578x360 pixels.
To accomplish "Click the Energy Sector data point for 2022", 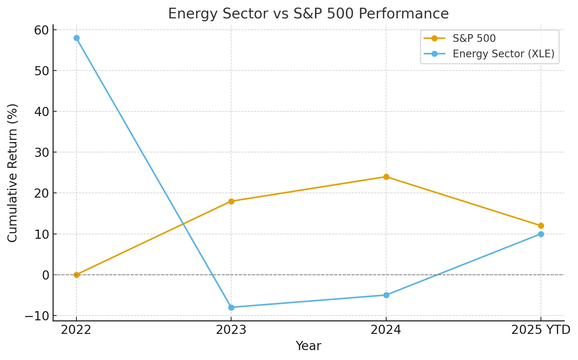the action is coord(76,38).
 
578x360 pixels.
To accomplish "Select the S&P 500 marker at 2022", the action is coord(76,275).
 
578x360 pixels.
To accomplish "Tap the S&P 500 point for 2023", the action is coord(231,201).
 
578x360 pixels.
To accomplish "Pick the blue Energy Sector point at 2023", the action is coord(231,307).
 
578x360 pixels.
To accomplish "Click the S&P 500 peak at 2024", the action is coord(386,177).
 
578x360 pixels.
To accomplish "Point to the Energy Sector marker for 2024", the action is coord(386,295).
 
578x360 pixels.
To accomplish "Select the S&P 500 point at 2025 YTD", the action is coord(541,226).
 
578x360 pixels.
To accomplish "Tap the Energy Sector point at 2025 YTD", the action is coord(541,234).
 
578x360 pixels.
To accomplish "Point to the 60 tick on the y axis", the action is coord(42,30).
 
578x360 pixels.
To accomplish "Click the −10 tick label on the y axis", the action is coord(37,316).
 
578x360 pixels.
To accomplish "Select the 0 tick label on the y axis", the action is coord(46,275).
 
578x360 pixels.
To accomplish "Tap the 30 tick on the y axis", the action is coord(42,152).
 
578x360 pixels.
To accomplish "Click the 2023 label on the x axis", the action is coord(231,330).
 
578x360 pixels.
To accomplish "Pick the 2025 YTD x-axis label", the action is coord(541,330).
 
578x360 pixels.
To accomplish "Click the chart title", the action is coord(309,14).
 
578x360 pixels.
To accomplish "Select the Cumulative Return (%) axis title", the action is coord(12,173).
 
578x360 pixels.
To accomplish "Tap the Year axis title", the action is coord(309,346).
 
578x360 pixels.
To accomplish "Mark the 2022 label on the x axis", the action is coord(76,330).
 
